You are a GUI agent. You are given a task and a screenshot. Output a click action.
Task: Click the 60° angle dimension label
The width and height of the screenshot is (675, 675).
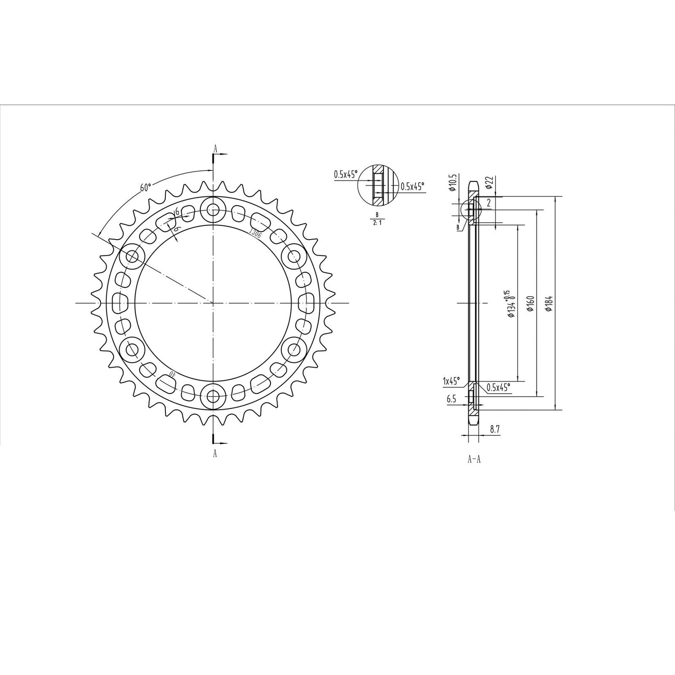pyautogui.click(x=145, y=187)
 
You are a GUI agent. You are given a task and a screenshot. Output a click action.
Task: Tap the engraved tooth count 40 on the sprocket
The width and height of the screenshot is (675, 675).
pyautogui.click(x=172, y=375)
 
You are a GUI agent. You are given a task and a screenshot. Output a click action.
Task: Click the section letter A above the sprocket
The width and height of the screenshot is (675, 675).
pyautogui.click(x=215, y=148)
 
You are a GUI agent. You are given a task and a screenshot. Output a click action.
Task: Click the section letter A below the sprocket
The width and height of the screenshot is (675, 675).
pyautogui.click(x=215, y=453)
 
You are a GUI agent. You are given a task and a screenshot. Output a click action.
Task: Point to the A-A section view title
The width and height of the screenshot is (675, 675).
pyautogui.click(x=474, y=460)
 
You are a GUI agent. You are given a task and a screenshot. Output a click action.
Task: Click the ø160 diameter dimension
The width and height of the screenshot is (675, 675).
pyautogui.click(x=531, y=304)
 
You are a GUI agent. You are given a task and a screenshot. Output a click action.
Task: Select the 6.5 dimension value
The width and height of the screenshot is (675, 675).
pyautogui.click(x=451, y=398)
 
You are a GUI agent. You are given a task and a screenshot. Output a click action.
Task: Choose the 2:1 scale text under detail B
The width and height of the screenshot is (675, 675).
pyautogui.click(x=377, y=223)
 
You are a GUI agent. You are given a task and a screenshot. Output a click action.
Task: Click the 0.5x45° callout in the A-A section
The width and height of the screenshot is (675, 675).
pyautogui.click(x=498, y=387)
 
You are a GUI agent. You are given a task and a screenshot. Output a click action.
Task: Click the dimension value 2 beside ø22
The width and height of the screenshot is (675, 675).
pyautogui.click(x=489, y=203)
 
